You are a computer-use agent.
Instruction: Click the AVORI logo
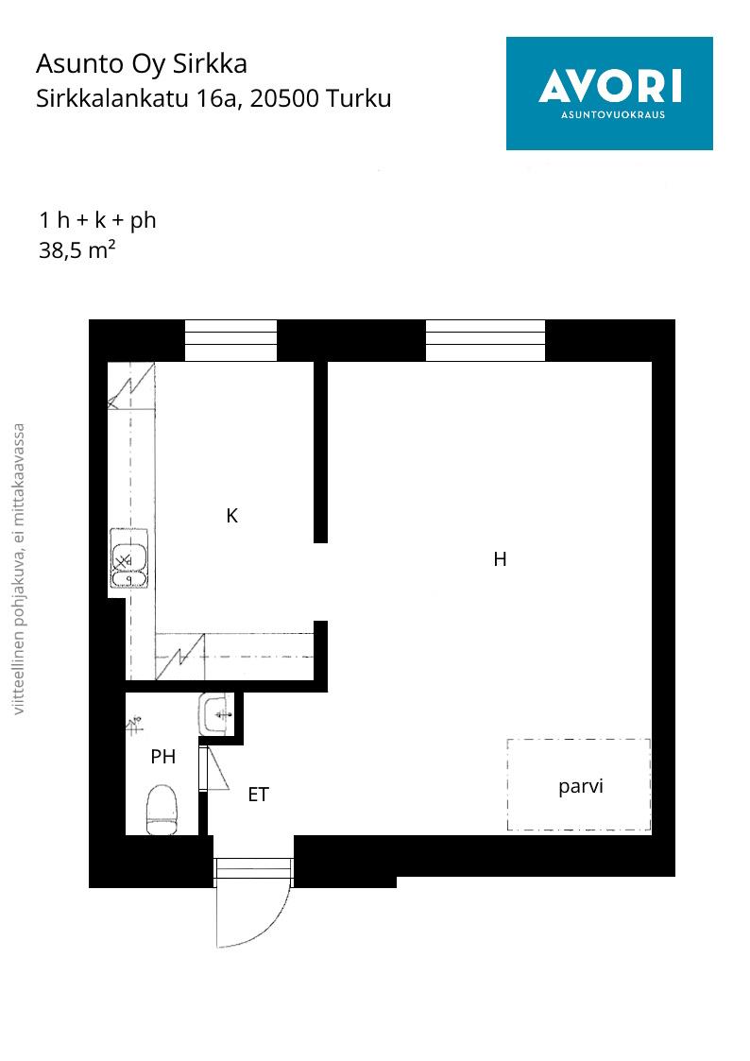coord(609,94)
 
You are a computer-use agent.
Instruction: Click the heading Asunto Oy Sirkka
coord(142,64)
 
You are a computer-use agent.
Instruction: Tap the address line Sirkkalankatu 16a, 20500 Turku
coord(213,99)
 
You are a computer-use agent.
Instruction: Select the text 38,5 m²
coord(77,250)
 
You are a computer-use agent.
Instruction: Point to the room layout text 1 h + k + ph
coord(97,220)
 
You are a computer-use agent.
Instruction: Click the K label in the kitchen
coord(232,516)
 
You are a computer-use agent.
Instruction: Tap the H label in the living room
coord(500,559)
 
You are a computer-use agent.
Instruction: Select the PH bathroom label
coord(163,757)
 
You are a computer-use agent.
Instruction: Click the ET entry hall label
coord(258,795)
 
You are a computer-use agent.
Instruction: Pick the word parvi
coord(580,787)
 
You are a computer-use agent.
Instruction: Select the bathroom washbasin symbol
coord(215,714)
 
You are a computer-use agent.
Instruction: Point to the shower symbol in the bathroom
coord(135,725)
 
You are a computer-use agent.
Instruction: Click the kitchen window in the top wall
coord(230,340)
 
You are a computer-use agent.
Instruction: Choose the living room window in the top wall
coord(485,340)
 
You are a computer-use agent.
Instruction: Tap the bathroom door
coord(203,768)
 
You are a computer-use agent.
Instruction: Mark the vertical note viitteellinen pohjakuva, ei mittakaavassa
coord(19,569)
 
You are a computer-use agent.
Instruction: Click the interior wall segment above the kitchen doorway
coord(320,452)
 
